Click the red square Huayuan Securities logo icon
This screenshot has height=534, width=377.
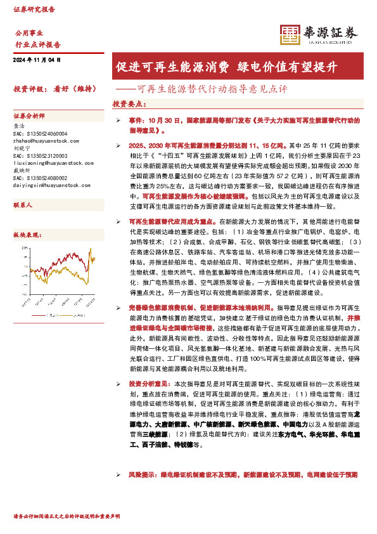(290, 35)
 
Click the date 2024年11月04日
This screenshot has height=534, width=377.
(37, 60)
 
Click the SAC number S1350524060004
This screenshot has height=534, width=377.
(49, 133)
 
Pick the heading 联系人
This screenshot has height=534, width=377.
(23, 206)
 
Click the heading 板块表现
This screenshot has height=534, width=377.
(26, 233)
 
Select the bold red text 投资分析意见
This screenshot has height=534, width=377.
(148, 384)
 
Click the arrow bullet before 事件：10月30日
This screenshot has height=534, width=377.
(117, 120)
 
